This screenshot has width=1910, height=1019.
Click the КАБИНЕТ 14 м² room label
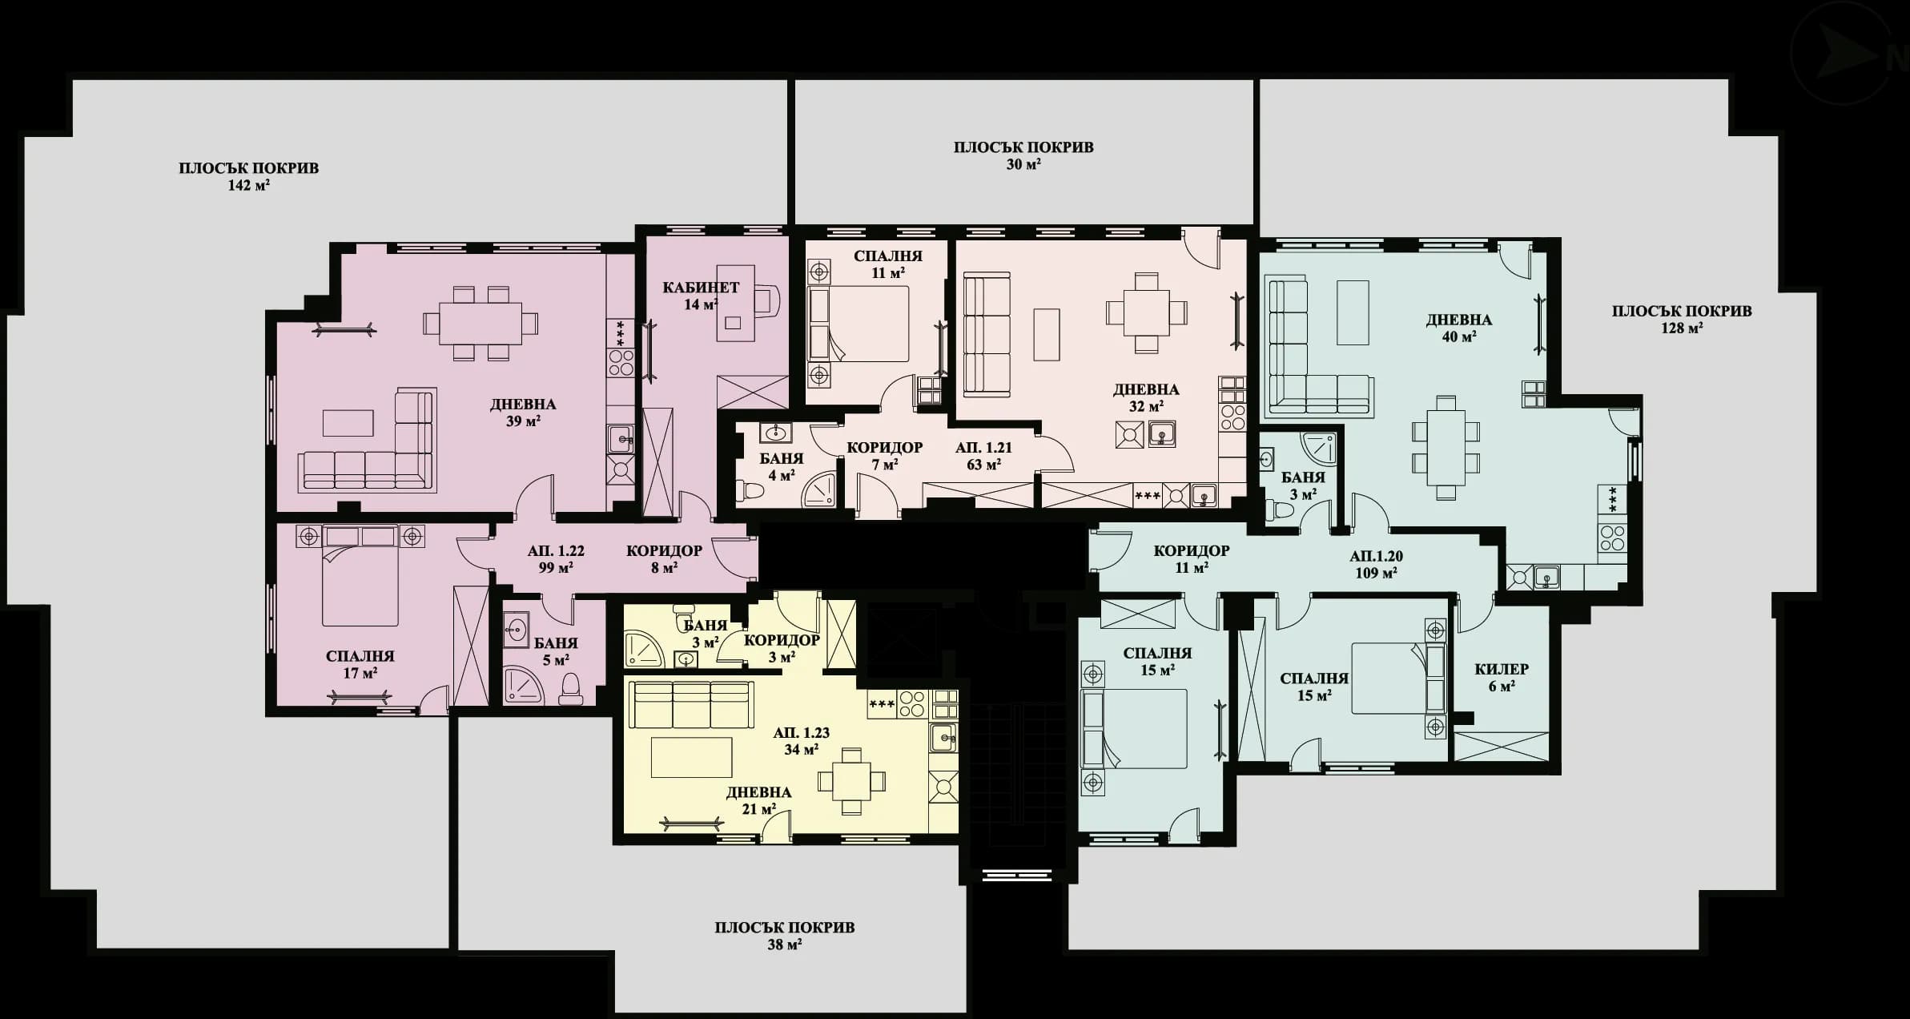click(700, 296)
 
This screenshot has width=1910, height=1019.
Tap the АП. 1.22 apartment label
click(556, 559)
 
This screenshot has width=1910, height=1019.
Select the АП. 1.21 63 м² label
click(983, 456)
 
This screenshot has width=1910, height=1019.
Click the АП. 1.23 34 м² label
click(801, 741)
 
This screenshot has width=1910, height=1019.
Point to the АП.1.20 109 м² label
click(1376, 564)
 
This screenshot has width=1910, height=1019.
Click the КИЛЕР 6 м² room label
click(1502, 677)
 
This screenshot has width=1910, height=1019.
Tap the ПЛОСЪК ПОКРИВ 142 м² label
click(249, 176)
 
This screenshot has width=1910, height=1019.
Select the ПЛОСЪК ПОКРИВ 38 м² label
click(784, 935)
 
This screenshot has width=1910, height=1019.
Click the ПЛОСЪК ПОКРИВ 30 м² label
click(1023, 155)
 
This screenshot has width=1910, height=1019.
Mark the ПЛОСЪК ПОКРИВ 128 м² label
click(1682, 319)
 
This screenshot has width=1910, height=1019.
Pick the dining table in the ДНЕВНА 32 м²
click(1146, 312)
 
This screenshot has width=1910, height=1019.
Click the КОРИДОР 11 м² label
click(1191, 558)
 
